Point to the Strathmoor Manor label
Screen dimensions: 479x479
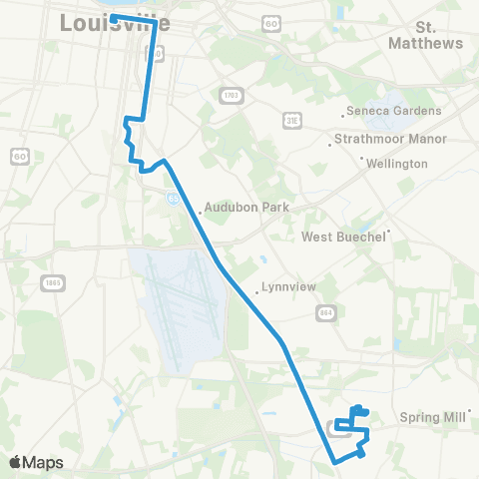tap(391, 139)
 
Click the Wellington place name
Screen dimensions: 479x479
tap(396, 164)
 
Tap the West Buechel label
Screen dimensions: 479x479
tap(343, 238)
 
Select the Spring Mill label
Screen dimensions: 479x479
tap(433, 418)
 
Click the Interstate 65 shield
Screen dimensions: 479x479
tap(173, 198)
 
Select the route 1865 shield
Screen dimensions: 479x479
tap(53, 283)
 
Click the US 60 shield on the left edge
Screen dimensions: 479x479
tap(19, 155)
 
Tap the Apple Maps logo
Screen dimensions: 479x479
tap(37, 462)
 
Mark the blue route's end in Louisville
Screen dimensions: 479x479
tap(113, 17)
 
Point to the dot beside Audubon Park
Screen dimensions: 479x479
tap(200, 212)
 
